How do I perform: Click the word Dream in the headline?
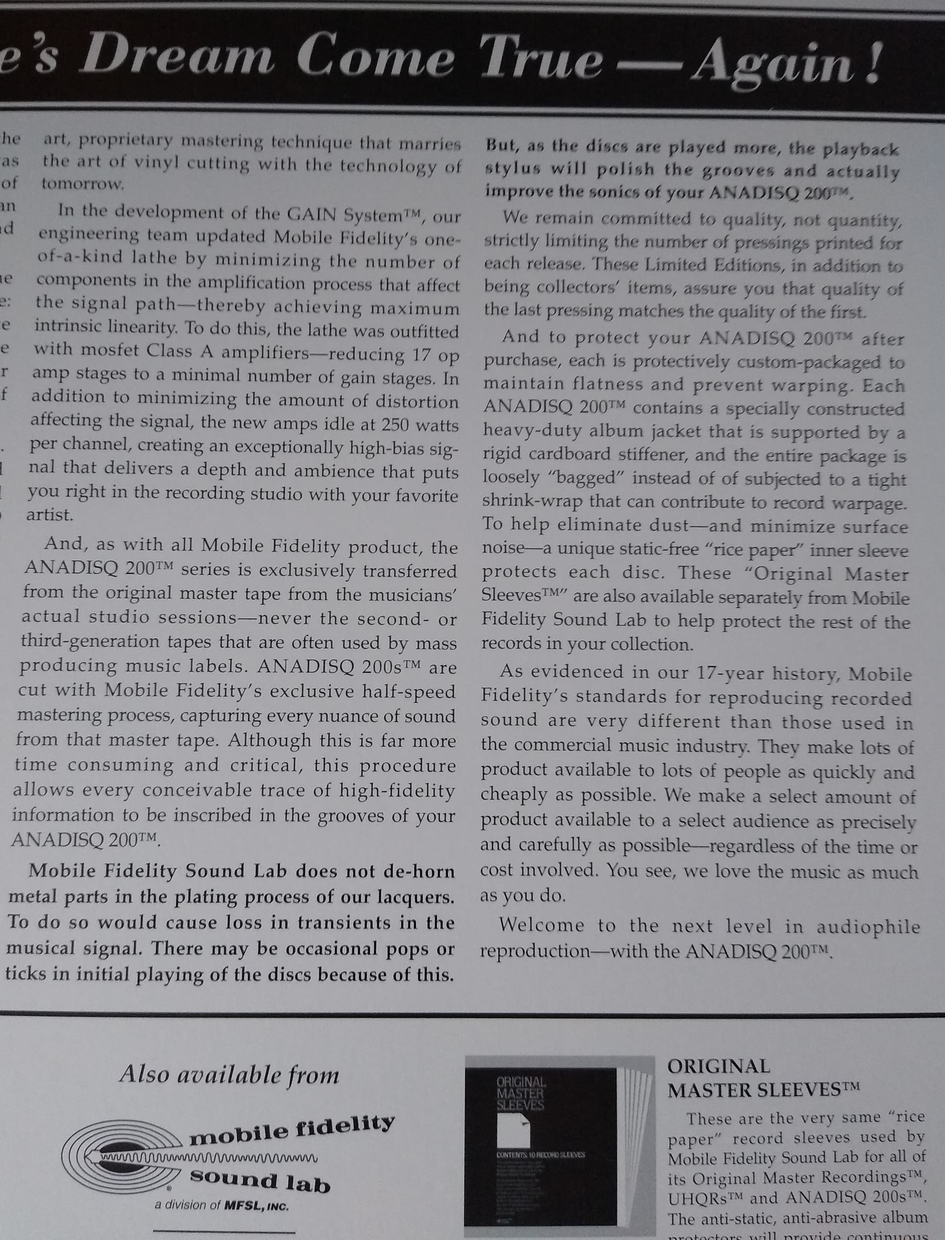180,55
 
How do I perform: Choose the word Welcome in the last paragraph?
542,925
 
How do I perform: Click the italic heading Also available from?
229,1075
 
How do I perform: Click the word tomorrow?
82,184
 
